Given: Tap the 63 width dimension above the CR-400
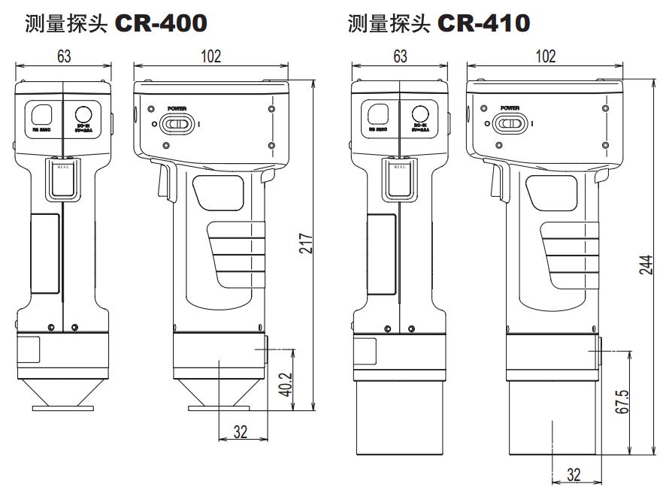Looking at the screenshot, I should (62, 56).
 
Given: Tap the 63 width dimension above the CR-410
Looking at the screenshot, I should (399, 56).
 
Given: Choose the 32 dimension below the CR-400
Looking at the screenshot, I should (241, 431).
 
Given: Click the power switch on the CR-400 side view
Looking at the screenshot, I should (180, 123).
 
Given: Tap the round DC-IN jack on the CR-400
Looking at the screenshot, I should (83, 113).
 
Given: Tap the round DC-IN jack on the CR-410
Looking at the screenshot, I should (419, 113).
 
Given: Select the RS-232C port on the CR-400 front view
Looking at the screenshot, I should (42, 113).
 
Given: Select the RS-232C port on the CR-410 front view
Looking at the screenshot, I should (378, 113).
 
